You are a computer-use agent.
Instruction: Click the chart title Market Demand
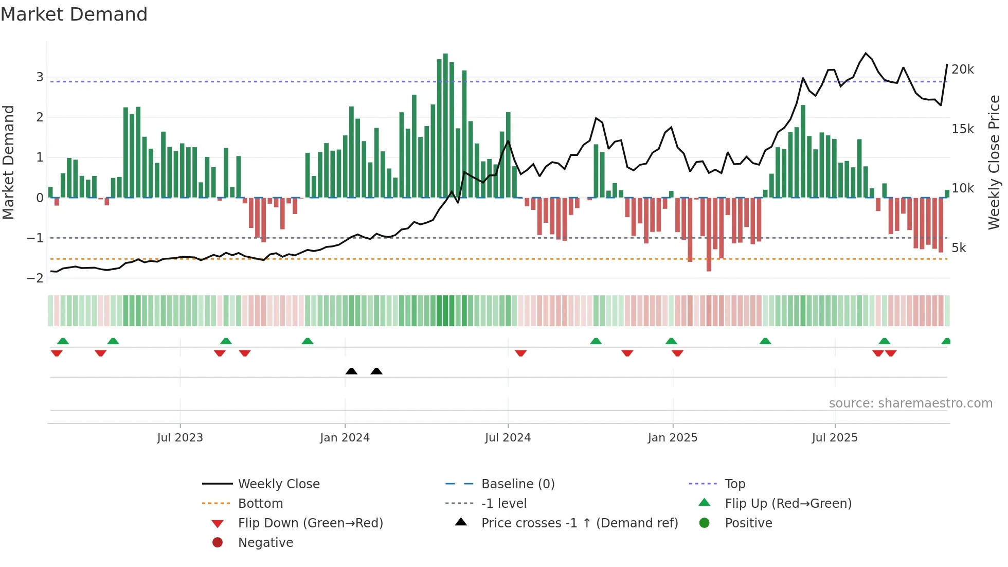74,14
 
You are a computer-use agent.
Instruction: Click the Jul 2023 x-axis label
180,438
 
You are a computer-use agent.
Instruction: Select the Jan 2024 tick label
345,438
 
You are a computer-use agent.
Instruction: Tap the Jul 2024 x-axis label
508,438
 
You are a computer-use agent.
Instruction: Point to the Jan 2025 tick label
672,438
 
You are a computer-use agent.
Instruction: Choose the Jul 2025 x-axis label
835,438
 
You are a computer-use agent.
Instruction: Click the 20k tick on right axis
962,69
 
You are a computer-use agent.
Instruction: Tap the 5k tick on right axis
959,248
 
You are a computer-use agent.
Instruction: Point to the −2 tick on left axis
35,278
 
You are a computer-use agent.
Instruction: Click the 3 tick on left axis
40,77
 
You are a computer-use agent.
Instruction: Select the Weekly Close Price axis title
994,162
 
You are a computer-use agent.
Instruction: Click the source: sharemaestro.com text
910,403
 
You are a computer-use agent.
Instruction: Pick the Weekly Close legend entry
278,484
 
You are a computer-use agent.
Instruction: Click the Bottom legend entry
260,504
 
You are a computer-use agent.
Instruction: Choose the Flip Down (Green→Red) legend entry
310,523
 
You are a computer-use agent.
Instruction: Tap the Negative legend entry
265,543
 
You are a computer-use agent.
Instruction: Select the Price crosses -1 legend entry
579,523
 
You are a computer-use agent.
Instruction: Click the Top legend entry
734,484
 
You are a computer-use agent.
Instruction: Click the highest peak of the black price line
866,53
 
